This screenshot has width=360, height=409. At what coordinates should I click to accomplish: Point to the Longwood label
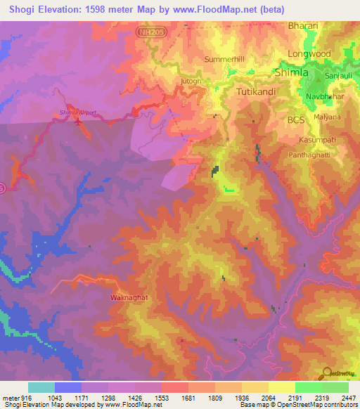point(309,53)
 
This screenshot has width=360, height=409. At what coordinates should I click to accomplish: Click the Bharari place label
point(303,26)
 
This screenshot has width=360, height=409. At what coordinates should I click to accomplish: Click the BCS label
point(296,120)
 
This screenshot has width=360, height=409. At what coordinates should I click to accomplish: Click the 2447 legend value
point(348,397)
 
